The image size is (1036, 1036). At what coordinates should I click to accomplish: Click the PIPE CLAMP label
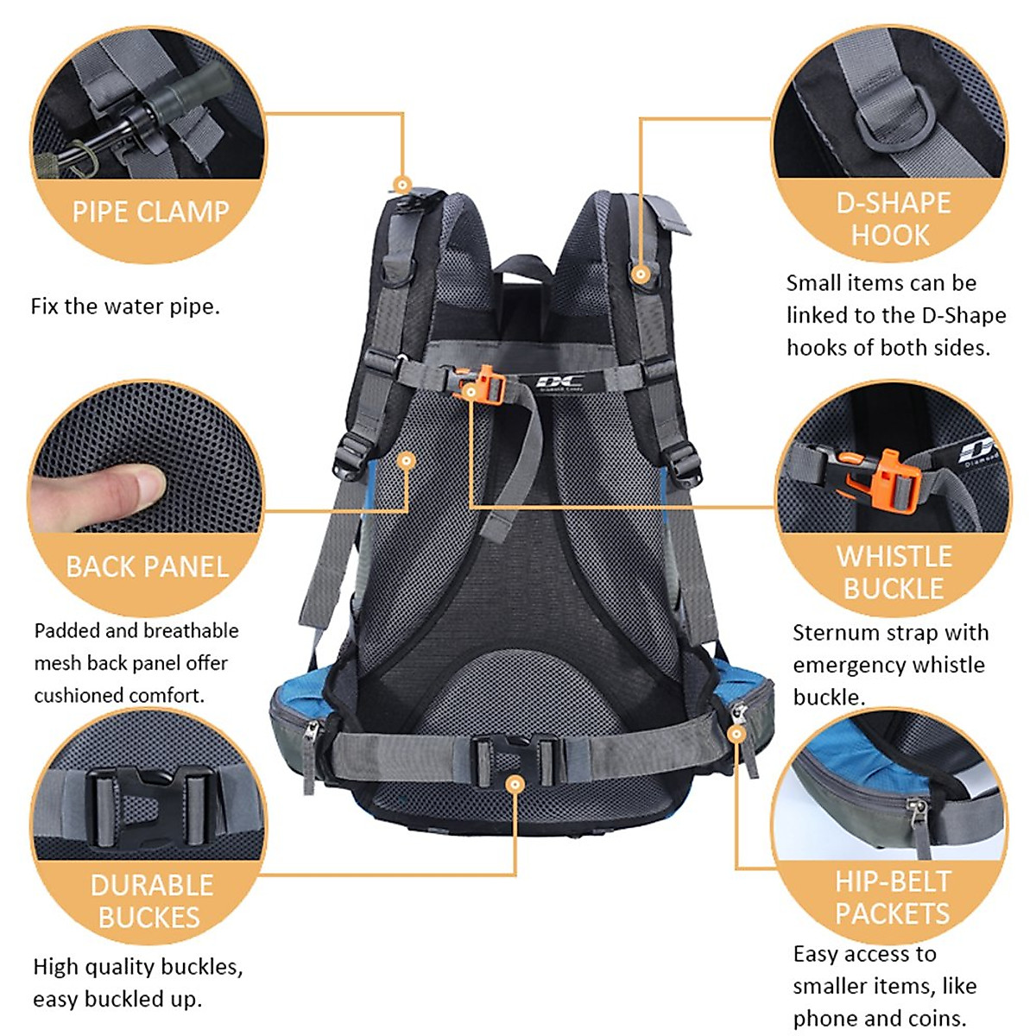150,212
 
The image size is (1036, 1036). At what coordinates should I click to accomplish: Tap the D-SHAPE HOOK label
893,218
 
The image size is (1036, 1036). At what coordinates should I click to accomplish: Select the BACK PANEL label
147,566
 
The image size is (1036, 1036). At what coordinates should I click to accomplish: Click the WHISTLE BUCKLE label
894,572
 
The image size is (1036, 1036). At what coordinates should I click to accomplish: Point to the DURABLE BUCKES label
151,900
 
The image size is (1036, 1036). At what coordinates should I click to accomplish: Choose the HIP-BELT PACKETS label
893,897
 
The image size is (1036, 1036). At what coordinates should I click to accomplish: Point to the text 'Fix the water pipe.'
125,306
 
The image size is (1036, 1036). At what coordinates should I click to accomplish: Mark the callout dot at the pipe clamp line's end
401,183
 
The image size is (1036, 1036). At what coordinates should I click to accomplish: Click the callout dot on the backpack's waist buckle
515,784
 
